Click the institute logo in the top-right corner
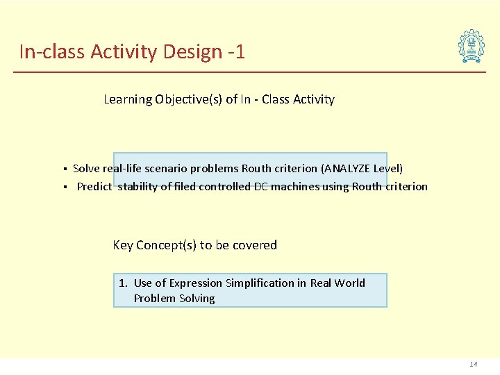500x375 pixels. point(472,47)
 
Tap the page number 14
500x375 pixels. point(474,364)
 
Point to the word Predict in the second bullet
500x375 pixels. point(94,186)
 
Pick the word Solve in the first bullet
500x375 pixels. point(86,168)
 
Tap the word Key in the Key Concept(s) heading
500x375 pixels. point(123,245)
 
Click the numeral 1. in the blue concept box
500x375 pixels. point(123,283)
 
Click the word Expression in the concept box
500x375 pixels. point(194,283)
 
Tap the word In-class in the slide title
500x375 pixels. point(52,51)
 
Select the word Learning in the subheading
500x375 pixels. point(127,99)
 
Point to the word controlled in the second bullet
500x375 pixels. point(224,186)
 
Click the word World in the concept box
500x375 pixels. point(349,283)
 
